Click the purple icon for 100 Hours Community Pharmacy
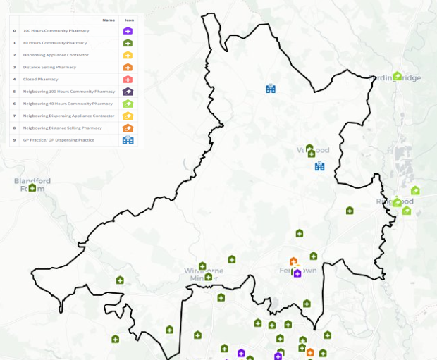(128, 31)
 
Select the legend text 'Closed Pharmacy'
(41, 80)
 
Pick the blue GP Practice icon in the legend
(128, 140)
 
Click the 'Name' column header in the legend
(109, 20)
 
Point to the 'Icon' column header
(128, 20)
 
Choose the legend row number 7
(15, 116)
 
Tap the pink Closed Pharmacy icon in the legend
(128, 80)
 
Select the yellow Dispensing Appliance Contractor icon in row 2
(128, 55)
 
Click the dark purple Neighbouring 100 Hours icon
(128, 92)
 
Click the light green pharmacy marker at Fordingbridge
(398, 76)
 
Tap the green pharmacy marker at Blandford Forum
(32, 187)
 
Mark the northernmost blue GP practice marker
(270, 88)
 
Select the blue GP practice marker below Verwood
(319, 166)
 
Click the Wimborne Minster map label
(199, 274)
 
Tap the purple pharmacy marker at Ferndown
(297, 273)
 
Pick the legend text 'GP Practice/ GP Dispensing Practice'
(59, 140)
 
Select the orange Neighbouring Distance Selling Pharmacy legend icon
(128, 128)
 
